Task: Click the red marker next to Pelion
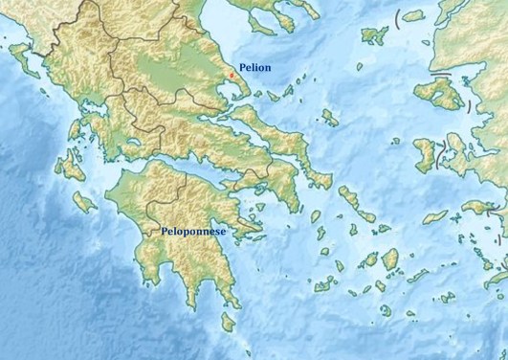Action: coord(232,75)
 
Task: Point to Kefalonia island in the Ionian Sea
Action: coord(69,167)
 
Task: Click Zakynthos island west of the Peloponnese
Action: coord(85,202)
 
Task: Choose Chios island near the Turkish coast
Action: coord(424,153)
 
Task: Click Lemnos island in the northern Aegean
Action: coord(371,34)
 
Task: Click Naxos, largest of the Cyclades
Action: coord(389,259)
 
